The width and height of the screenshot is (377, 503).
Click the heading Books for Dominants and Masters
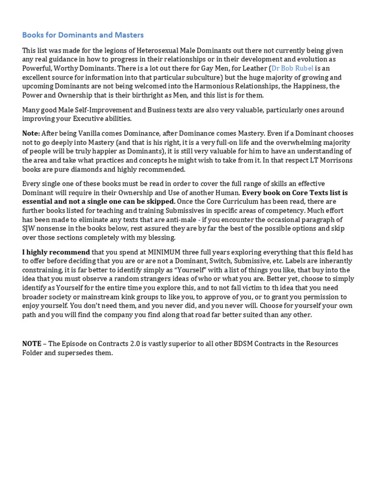coord(83,35)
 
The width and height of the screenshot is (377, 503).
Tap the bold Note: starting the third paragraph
coord(31,134)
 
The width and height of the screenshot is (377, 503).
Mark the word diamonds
coord(80,169)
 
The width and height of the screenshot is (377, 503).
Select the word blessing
coord(161,237)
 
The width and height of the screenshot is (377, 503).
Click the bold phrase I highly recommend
coord(56,252)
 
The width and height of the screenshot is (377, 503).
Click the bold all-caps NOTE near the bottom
coord(31,344)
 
